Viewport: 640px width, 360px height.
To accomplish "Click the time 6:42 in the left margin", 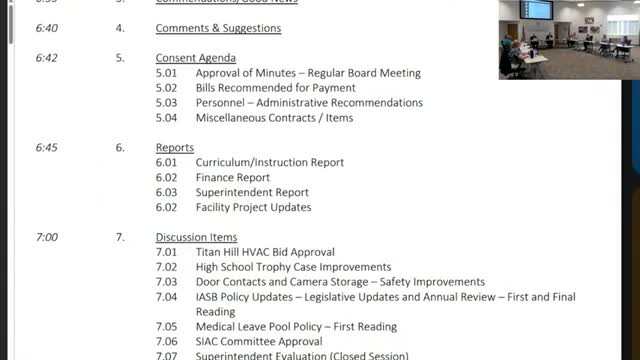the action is click(46, 58).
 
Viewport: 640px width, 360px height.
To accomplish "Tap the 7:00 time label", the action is click(46, 237).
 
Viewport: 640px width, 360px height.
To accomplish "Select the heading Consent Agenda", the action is click(196, 58).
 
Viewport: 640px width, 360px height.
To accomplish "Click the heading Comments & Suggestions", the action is click(218, 28).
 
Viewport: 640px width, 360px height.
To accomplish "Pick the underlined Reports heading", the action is click(175, 148).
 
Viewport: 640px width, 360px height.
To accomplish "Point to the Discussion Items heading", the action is click(196, 237).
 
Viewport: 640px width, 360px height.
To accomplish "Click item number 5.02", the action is click(166, 88).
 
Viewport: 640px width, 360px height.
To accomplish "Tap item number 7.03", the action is click(166, 282).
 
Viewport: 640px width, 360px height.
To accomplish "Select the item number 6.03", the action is click(166, 192).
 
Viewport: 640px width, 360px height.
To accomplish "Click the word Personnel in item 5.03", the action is click(219, 103).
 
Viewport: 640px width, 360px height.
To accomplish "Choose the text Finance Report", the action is click(233, 177).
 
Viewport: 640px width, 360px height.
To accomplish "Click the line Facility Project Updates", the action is click(253, 207).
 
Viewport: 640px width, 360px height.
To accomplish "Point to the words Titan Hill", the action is click(219, 252).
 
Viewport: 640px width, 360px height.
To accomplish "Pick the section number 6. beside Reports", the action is click(120, 148).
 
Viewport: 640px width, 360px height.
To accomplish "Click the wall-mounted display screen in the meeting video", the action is click(539, 10).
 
